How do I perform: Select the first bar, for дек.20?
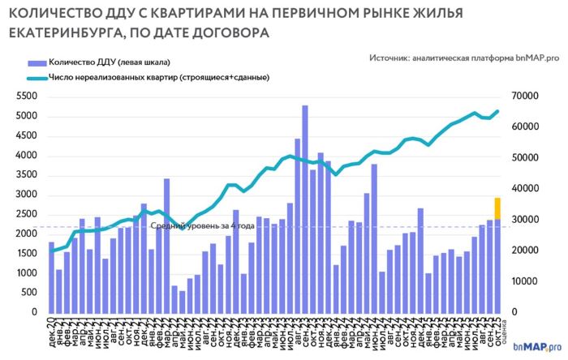coord(51,276)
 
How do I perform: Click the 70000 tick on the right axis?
coord(528,96)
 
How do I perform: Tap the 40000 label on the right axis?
coord(528,188)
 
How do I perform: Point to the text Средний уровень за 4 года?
coord(204,226)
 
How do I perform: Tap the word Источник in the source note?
coord(388,58)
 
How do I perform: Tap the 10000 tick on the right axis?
coord(528,281)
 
